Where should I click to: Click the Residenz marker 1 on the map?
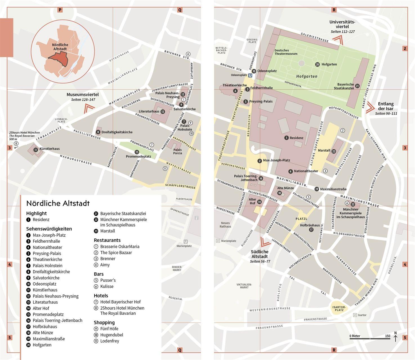coord(286,138)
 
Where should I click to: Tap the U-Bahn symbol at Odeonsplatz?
coord(250,75)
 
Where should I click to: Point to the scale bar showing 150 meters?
coord(370,338)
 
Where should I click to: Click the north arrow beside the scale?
coord(395,337)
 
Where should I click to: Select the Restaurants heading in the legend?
coord(107,240)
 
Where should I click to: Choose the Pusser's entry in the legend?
coord(108,280)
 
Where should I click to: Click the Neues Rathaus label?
coord(225,225)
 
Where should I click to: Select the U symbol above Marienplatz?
coord(185,242)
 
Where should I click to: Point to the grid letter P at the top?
coord(60,10)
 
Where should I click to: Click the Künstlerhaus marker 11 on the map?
coord(36,150)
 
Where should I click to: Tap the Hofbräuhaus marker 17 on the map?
coord(311,230)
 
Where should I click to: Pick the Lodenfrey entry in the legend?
coord(109,341)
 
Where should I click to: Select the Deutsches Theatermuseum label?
coord(286,52)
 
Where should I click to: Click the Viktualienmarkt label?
coord(244,286)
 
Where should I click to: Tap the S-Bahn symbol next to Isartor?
coord(355,315)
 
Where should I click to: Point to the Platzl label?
coord(301,219)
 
